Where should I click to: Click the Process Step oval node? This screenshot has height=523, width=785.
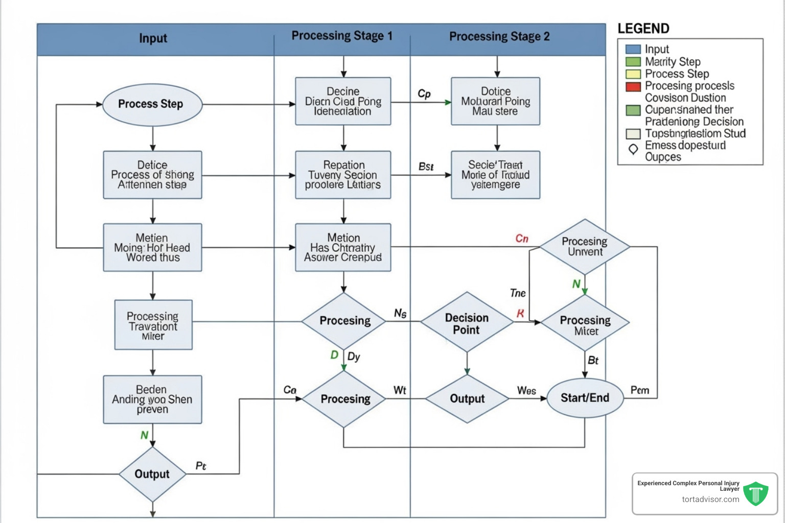click(x=152, y=104)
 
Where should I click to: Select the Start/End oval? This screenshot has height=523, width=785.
click(x=585, y=398)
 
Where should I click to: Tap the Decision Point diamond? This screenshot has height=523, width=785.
click(x=467, y=323)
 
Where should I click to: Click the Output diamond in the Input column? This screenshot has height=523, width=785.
click(x=152, y=474)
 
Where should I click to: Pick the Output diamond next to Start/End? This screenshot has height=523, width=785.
click(x=467, y=398)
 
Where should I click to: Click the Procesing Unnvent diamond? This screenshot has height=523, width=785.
click(x=585, y=247)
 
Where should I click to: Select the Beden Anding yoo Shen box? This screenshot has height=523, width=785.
click(x=152, y=399)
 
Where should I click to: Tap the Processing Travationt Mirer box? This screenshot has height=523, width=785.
click(x=153, y=325)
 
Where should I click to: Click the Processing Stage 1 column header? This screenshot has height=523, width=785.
click(x=342, y=36)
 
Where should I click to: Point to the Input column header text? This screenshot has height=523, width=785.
click(x=153, y=38)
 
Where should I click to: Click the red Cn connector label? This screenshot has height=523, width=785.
click(x=522, y=239)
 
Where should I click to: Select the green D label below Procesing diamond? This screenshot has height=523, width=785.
click(x=334, y=354)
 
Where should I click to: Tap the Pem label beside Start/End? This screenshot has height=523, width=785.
click(x=639, y=390)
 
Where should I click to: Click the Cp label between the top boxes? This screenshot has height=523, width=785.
click(x=424, y=93)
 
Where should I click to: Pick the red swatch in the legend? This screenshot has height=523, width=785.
click(x=633, y=86)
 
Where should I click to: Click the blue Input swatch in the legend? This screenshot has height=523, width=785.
click(x=633, y=50)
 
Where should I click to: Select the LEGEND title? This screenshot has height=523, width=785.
click(x=643, y=29)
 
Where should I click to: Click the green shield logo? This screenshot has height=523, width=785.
click(x=755, y=493)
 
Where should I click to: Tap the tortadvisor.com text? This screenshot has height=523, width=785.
click(x=710, y=500)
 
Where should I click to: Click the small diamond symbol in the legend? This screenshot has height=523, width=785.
click(x=633, y=149)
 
